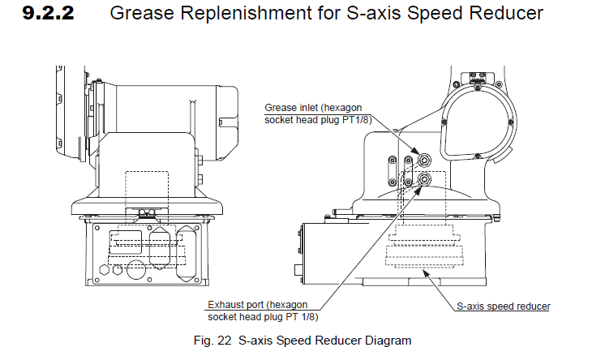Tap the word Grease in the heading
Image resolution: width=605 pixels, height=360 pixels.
click(139, 14)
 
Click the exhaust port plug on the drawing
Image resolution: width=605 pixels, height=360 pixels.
click(423, 181)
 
